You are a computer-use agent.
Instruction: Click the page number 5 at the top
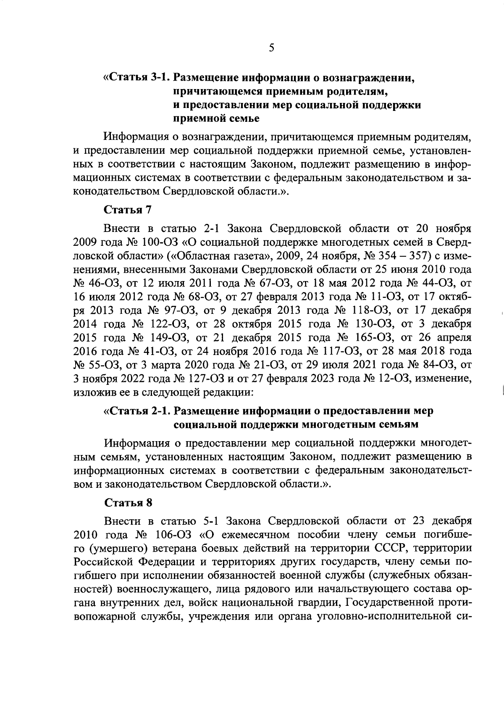point(271,48)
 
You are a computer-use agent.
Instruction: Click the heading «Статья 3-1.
point(137,78)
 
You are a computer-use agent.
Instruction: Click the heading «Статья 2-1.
point(137,410)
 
